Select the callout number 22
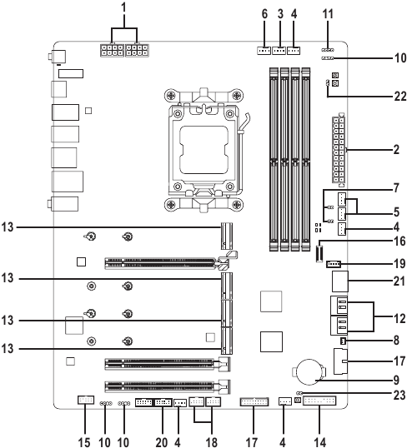(x=400, y=97)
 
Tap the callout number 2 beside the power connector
(x=396, y=149)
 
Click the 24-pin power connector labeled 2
(x=339, y=149)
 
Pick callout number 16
(x=399, y=241)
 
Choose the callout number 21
(x=399, y=281)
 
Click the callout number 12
(x=399, y=319)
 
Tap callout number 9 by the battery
(x=396, y=381)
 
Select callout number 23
(x=399, y=396)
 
